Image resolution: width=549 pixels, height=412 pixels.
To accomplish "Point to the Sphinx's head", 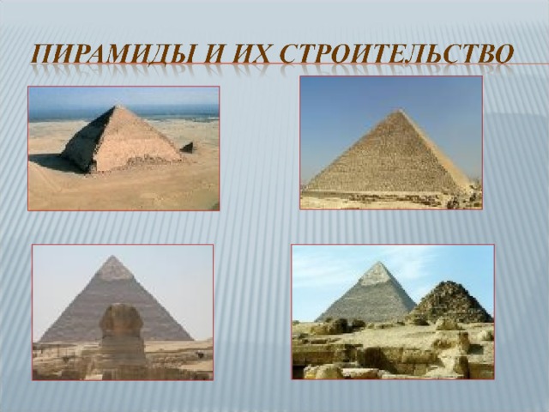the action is tap(121, 319).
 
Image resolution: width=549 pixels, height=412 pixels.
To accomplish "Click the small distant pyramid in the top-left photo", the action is tap(187, 148).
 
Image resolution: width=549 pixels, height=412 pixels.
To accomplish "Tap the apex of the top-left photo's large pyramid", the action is tap(119, 106).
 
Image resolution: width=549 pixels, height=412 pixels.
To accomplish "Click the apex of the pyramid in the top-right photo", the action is tap(398, 110).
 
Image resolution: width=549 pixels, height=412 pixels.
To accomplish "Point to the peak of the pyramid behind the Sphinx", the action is tap(112, 257).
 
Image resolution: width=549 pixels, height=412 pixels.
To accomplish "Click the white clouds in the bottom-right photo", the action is tap(364, 261).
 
